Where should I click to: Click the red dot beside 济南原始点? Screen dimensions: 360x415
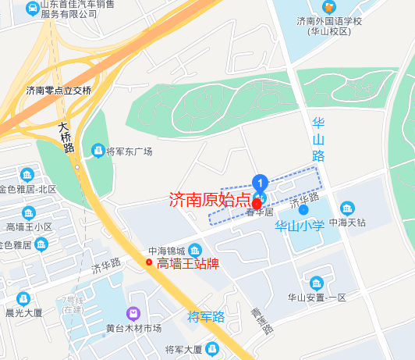pyautogui.click(x=257, y=202)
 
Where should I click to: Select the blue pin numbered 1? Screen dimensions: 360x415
pyautogui.click(x=261, y=182)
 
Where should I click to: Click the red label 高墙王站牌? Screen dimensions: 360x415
pyautogui.click(x=187, y=263)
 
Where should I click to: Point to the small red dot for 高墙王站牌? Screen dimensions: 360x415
pyautogui.click(x=149, y=262)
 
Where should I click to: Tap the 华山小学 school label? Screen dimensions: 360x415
pyautogui.click(x=300, y=226)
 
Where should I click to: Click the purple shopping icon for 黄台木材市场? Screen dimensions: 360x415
pyautogui.click(x=133, y=312)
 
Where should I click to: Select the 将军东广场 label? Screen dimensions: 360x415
pyautogui.click(x=129, y=151)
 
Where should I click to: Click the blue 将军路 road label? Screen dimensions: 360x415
pyautogui.click(x=206, y=317)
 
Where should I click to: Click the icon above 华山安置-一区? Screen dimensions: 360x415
pyautogui.click(x=316, y=283)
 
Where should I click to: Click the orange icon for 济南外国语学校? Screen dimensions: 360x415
pyautogui.click(x=328, y=7)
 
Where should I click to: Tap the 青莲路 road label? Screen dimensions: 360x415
pyautogui.click(x=261, y=321)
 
